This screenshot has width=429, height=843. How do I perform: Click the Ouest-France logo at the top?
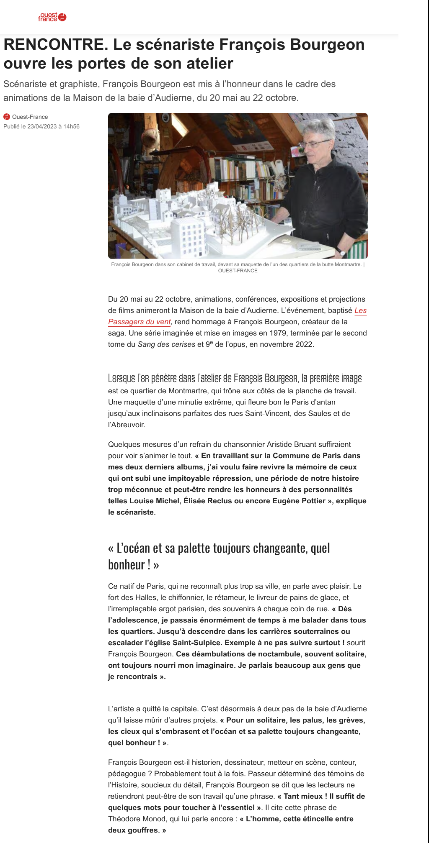click(52, 17)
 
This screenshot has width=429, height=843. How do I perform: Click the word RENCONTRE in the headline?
click(54, 44)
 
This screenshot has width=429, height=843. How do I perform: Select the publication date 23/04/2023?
click(42, 126)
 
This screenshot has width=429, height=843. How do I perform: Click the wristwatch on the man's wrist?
click(342, 252)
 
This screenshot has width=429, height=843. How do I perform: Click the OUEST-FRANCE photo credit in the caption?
click(238, 271)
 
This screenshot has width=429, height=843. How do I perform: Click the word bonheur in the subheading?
click(126, 565)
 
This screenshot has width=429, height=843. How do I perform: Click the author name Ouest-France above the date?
click(30, 117)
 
